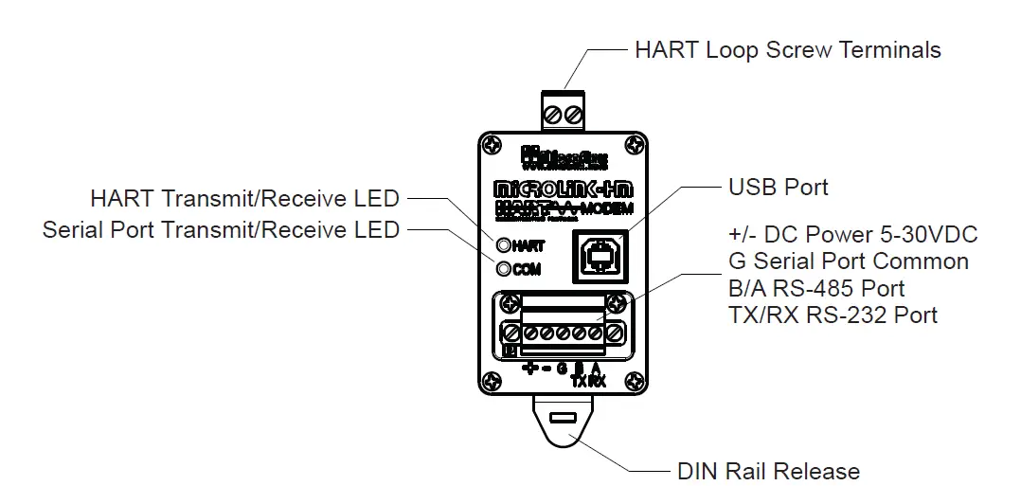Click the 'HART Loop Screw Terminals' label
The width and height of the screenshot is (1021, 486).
(x=787, y=49)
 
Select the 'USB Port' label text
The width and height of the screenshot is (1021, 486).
(x=778, y=187)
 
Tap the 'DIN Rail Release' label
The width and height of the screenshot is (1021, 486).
(x=768, y=471)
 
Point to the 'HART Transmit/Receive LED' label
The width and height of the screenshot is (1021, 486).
(x=244, y=199)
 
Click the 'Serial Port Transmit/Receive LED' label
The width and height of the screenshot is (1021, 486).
(x=221, y=229)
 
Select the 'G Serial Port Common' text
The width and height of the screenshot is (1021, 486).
(x=849, y=261)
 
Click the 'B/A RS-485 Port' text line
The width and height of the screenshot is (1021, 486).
(x=816, y=288)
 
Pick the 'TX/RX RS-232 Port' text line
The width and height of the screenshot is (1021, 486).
(x=833, y=315)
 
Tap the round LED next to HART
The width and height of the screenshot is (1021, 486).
(x=503, y=245)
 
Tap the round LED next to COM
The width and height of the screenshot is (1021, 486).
(x=503, y=269)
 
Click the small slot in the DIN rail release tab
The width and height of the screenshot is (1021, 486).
(x=562, y=418)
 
